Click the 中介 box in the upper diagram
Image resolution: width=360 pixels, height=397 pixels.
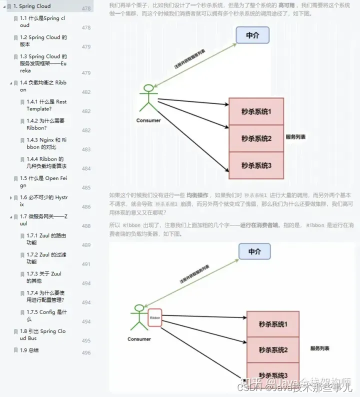(x=252, y=35)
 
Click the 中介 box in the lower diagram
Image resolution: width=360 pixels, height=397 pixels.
(x=254, y=251)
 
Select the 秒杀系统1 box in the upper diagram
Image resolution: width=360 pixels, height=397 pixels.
(x=256, y=111)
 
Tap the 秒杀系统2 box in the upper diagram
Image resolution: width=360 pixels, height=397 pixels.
(x=256, y=138)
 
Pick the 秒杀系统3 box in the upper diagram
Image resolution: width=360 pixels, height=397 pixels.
(x=256, y=165)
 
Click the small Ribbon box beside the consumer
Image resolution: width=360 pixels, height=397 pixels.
(x=154, y=318)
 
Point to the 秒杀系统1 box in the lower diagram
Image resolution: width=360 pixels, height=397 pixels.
(x=273, y=324)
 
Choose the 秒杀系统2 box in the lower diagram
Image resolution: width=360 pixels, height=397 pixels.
(x=273, y=350)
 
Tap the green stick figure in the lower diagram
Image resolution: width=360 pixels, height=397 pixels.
(x=137, y=317)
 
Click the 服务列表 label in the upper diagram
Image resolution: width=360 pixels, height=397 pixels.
(x=295, y=137)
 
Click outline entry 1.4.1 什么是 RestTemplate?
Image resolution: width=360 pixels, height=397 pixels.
(x=46, y=105)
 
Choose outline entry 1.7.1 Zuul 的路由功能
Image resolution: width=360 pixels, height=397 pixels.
(x=46, y=239)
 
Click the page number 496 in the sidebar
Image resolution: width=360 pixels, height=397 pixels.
(x=86, y=353)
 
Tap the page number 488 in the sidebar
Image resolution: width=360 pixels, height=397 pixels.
(x=86, y=226)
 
